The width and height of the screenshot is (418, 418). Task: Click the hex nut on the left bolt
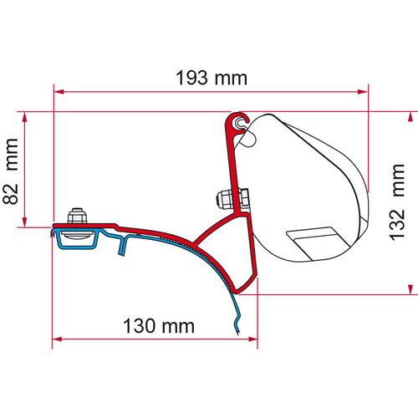click(76, 212)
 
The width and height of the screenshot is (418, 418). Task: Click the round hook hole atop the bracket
click(242, 122)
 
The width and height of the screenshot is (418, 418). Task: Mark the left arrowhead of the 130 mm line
click(59, 339)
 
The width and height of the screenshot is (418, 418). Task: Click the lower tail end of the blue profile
click(241, 332)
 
